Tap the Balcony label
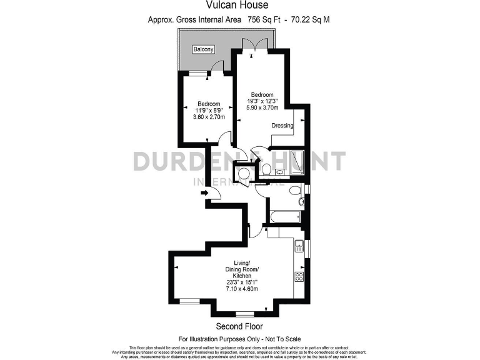203,49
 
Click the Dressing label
282,126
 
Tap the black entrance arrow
204,193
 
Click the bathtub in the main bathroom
284,217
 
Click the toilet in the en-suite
266,169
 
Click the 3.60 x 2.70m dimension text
209,117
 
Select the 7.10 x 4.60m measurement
242,288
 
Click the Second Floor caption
239,326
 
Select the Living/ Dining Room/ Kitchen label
242,269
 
